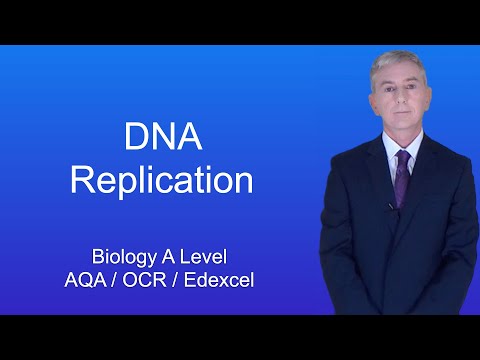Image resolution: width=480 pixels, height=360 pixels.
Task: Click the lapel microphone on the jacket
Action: coord(390,207)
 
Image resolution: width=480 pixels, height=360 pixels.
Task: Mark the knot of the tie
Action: coord(402,156)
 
